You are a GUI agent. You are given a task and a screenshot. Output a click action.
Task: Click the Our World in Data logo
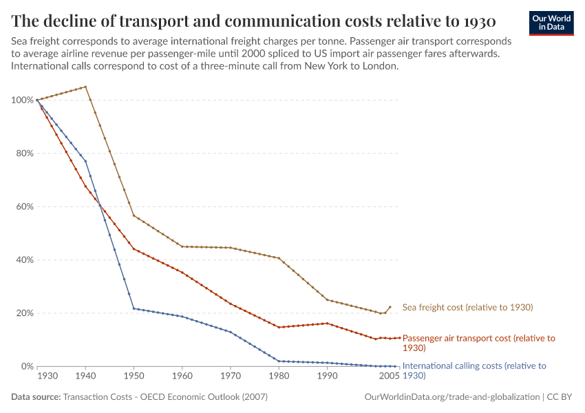[x=551, y=23]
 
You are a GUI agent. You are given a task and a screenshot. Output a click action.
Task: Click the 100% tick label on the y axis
[x=21, y=100]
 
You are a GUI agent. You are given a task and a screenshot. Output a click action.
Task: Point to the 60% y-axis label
[x=23, y=206]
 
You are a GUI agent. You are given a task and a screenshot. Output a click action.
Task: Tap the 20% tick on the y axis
[x=23, y=313]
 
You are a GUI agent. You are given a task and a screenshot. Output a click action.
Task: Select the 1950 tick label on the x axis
[x=134, y=377]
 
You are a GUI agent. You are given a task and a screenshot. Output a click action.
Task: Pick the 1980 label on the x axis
[x=279, y=377]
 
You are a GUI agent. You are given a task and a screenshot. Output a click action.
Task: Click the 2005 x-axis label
[x=390, y=377]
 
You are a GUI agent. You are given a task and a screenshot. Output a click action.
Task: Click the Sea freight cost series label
[x=467, y=307]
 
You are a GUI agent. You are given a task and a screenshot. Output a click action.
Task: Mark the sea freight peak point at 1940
[x=85, y=87]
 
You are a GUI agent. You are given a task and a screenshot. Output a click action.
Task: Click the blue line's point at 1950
[x=134, y=308]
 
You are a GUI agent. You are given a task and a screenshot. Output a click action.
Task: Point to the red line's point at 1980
[x=279, y=327]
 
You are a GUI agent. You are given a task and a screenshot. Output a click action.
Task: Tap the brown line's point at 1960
[x=182, y=246]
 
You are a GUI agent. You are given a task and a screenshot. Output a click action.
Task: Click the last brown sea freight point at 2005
[x=390, y=307]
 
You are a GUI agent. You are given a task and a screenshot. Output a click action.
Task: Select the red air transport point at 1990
[x=327, y=324]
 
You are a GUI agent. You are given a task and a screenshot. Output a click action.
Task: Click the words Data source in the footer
[x=35, y=397]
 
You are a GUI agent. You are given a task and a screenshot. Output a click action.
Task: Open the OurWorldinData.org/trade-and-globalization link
[x=450, y=397]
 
